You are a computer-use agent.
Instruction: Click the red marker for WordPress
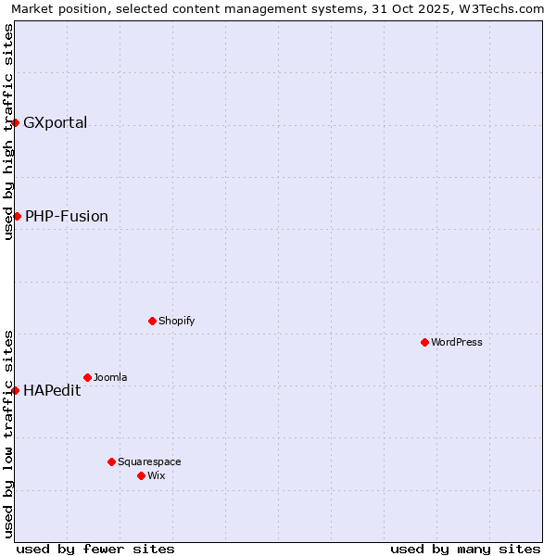(424, 342)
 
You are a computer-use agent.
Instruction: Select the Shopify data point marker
(152, 321)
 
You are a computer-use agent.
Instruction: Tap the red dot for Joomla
(87, 377)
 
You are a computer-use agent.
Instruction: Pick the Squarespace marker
(111, 461)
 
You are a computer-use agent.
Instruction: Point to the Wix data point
(141, 475)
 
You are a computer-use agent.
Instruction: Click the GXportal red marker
(15, 122)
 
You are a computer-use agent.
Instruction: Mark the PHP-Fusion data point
(17, 216)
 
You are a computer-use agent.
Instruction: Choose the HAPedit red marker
(15, 390)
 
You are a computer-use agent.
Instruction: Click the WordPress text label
(457, 342)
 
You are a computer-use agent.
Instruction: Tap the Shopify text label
(177, 321)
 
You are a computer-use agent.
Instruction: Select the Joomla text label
(110, 377)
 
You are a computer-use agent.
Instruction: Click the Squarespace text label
(149, 461)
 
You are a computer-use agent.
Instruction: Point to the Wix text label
(157, 475)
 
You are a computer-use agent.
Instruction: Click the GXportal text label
(56, 122)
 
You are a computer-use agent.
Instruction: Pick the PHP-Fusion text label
(67, 216)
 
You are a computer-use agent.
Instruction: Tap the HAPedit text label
(52, 390)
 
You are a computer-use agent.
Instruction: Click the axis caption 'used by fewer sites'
(95, 549)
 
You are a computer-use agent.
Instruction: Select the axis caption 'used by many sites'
(465, 549)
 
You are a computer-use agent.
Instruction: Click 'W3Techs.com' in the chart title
(506, 8)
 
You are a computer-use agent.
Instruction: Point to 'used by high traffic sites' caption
(8, 132)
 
